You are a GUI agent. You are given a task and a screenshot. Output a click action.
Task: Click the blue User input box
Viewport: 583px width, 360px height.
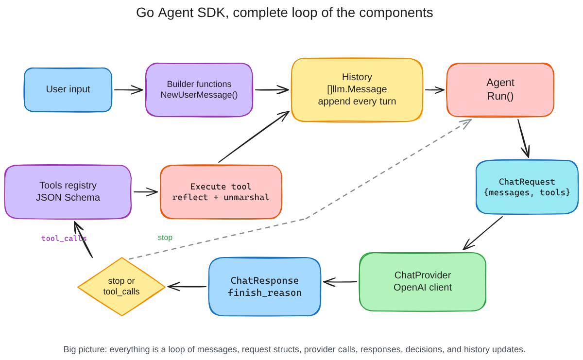(x=68, y=89)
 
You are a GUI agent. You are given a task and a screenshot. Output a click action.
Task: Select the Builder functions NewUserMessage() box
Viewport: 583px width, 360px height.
(x=199, y=90)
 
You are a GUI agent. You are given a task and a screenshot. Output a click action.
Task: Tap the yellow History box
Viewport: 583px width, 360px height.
(x=357, y=89)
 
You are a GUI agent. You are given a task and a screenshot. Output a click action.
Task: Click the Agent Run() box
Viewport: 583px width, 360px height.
(x=500, y=90)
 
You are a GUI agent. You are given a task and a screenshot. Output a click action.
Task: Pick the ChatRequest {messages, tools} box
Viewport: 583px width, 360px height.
(x=527, y=187)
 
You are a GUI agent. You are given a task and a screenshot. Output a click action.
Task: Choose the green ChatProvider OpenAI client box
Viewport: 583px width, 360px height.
(x=423, y=281)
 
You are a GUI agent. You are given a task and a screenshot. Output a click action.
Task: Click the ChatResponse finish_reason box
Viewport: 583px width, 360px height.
(x=265, y=287)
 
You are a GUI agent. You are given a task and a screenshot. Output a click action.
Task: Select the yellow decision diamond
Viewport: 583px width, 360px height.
(x=121, y=287)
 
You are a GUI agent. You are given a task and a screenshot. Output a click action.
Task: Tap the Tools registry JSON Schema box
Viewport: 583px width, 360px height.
(x=68, y=191)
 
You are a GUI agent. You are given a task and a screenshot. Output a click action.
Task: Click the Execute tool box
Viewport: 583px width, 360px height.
(x=221, y=192)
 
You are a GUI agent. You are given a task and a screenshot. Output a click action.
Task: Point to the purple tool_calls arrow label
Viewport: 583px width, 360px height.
(x=64, y=239)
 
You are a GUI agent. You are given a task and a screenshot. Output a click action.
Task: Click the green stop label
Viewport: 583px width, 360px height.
(x=165, y=238)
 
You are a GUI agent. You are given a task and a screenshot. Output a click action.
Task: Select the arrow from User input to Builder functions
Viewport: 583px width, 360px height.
(x=129, y=89)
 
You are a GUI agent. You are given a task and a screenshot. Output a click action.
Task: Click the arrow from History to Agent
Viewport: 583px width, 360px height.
(x=435, y=89)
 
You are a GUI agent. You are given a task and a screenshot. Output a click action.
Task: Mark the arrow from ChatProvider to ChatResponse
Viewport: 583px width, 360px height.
(x=340, y=282)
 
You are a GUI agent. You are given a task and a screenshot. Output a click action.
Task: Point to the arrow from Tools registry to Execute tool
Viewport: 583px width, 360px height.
(x=146, y=192)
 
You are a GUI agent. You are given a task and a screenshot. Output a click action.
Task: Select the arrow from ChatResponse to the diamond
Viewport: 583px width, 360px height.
(x=187, y=287)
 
